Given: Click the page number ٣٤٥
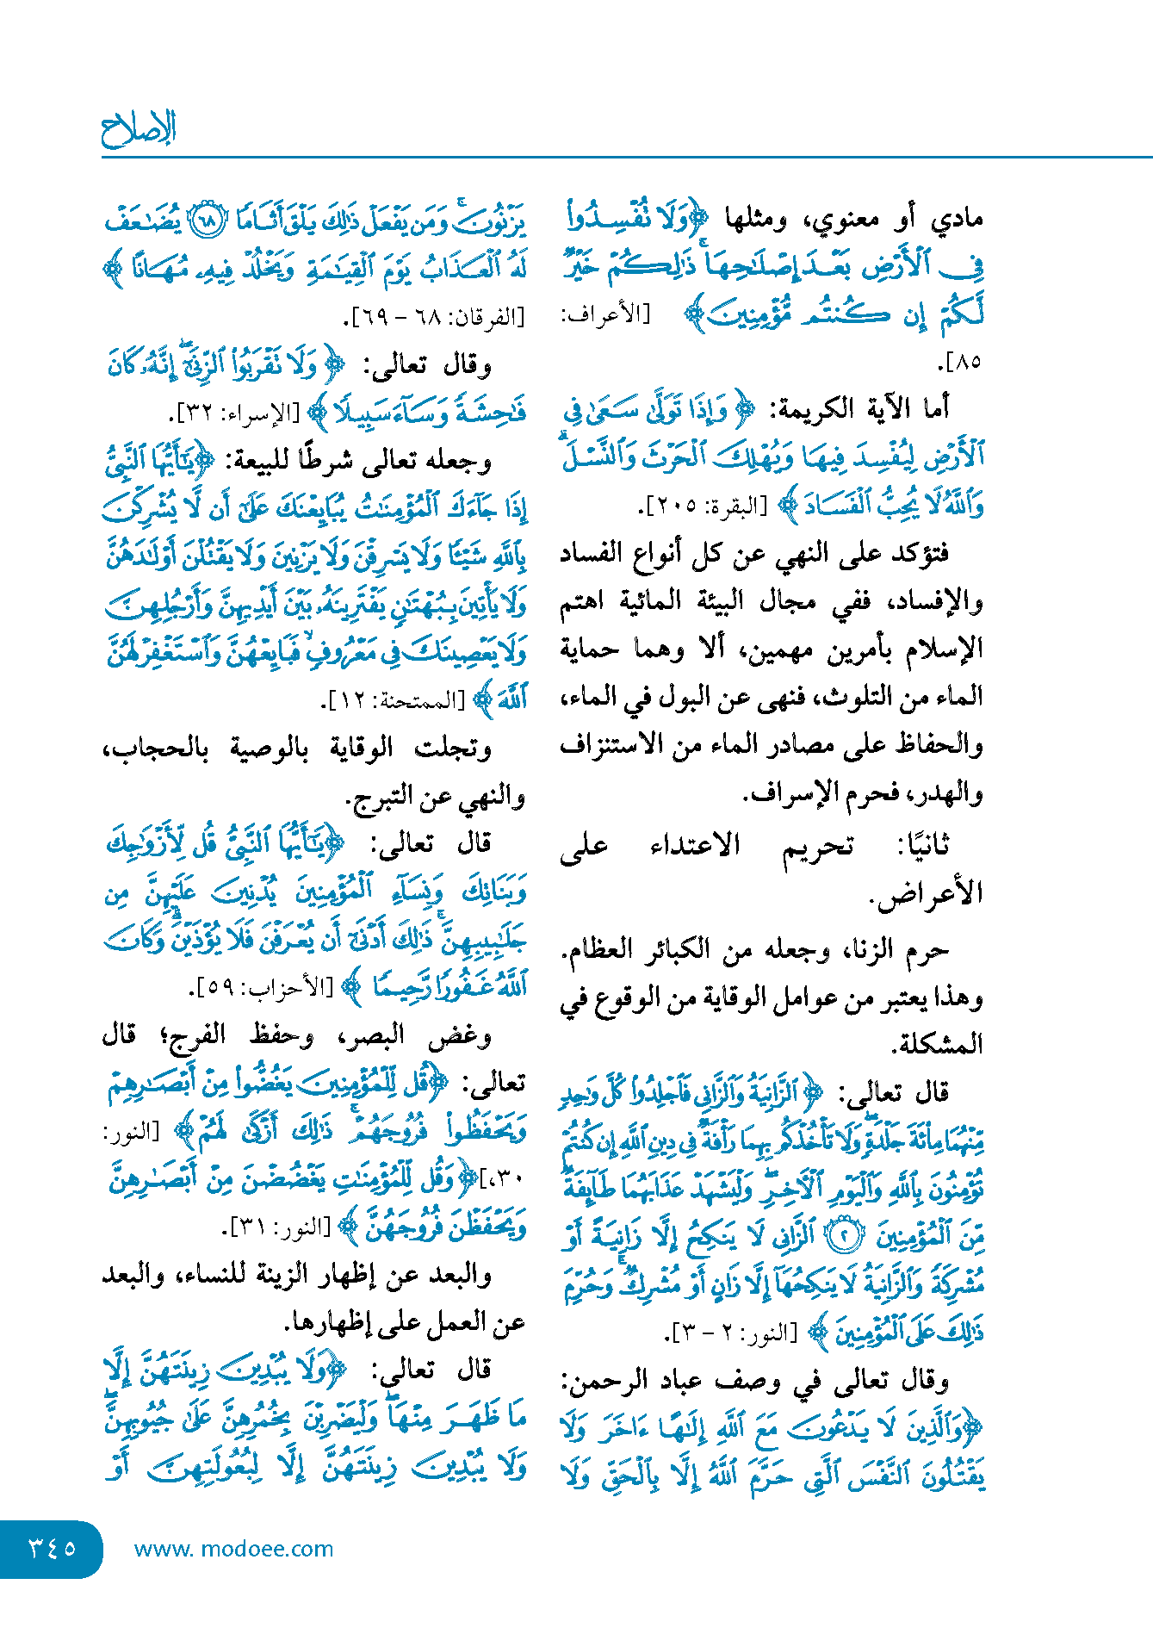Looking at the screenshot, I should pos(52,1548).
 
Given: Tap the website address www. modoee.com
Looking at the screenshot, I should pos(233,1549).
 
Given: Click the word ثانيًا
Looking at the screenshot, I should pos(924,846).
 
